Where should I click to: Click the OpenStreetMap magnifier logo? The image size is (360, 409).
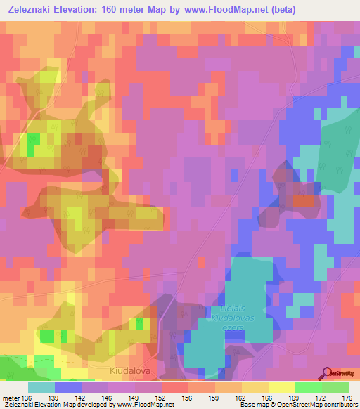(326, 373)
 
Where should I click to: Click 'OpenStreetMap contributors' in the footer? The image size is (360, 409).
(317, 405)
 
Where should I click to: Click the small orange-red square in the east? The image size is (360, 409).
(303, 200)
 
